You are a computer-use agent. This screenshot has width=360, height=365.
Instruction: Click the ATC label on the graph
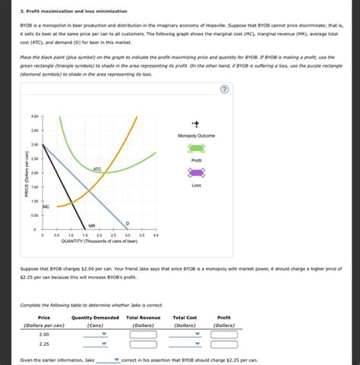(97, 168)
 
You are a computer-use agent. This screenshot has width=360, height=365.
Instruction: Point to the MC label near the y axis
(46, 206)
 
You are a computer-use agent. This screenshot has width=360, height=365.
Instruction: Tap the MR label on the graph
(91, 225)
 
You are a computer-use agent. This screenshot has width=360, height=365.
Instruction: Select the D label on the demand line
(127, 222)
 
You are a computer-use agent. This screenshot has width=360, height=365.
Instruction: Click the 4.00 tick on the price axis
(33, 116)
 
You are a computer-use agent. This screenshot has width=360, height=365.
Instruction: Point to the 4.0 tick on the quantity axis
(156, 236)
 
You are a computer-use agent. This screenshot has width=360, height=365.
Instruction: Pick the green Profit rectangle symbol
(196, 149)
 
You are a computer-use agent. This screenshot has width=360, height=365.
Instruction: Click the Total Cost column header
(185, 317)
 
